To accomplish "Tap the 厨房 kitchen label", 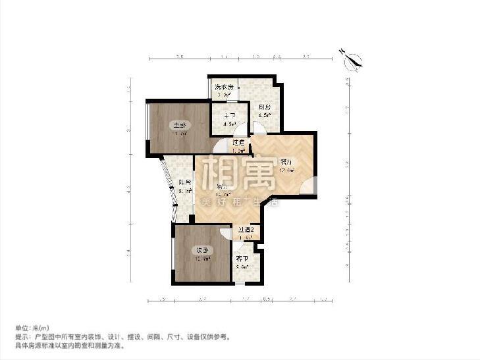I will (x=264, y=107).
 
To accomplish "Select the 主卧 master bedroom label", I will (x=178, y=125).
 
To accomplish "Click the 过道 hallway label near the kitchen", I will (x=238, y=142).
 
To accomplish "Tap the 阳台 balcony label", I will (x=185, y=183).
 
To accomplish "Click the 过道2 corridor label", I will (x=247, y=230).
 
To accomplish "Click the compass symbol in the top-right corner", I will (x=352, y=59).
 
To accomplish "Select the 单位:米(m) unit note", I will (x=32, y=328).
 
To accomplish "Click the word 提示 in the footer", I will (x=21, y=336).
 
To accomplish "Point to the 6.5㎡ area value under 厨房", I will (x=264, y=115).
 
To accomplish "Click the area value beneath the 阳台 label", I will (x=185, y=192).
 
